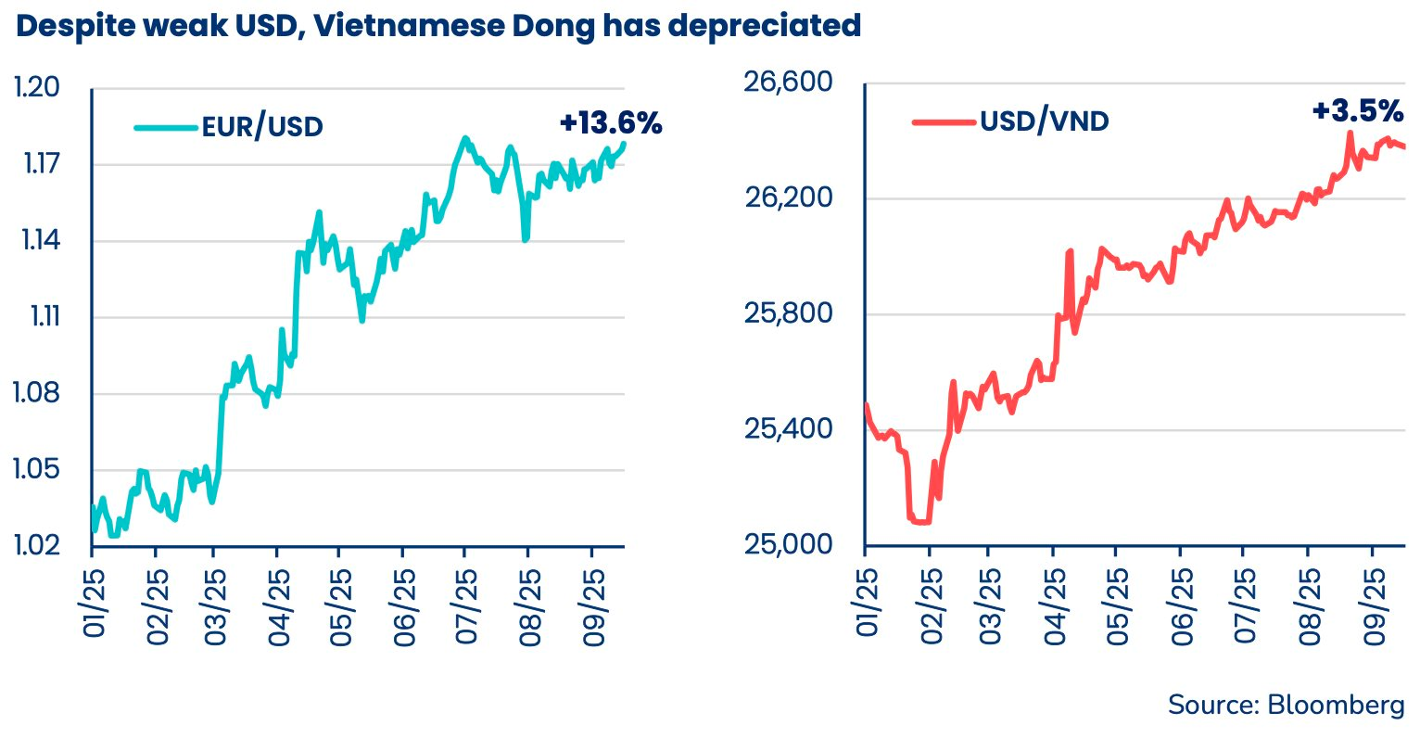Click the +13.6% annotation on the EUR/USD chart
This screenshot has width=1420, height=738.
tap(611, 123)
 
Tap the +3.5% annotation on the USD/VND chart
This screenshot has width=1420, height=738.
tap(1357, 112)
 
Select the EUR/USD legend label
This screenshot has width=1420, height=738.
tap(262, 127)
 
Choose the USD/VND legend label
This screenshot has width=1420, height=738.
tap(1045, 121)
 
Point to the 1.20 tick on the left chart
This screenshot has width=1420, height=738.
tap(37, 88)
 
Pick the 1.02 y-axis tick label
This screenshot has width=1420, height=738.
tap(37, 544)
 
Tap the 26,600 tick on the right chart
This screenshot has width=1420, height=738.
tap(789, 83)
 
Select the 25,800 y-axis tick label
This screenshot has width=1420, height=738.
tap(789, 314)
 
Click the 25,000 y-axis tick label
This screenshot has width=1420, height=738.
tap(789, 544)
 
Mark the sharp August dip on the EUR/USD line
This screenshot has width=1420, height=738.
tap(526, 238)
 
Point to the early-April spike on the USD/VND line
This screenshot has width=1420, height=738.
tap(1070, 252)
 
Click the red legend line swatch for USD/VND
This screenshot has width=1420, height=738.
tap(944, 121)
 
